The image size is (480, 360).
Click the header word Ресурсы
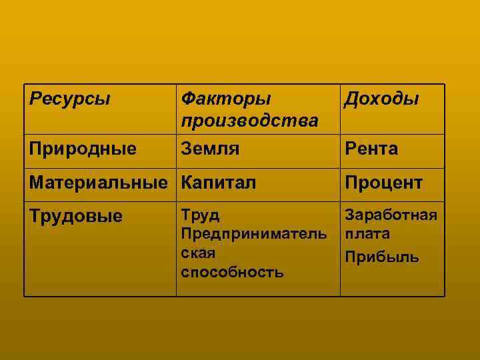(x=69, y=99)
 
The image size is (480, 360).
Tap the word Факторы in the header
(x=226, y=99)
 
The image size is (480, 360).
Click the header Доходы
(x=381, y=99)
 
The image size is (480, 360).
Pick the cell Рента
(x=371, y=149)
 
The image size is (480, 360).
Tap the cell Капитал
(x=218, y=182)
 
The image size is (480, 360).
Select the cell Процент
(x=383, y=182)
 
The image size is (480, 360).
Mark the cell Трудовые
(x=76, y=216)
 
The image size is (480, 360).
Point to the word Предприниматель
(x=254, y=235)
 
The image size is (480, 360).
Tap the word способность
(x=232, y=272)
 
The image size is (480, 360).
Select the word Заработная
(x=391, y=215)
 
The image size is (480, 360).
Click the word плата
(x=367, y=235)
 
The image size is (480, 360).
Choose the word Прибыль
(x=382, y=257)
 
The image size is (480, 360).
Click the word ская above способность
(x=199, y=253)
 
